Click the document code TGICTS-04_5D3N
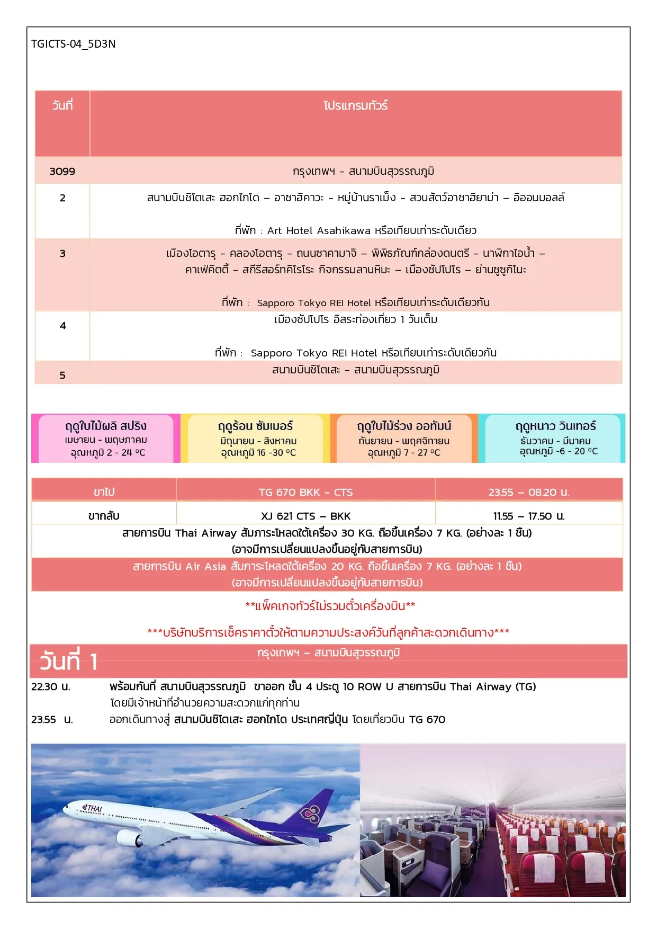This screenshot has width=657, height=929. (73, 44)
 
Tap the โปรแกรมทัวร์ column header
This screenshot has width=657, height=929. (355, 106)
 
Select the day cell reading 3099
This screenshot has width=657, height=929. (62, 172)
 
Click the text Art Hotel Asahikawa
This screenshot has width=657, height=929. (319, 231)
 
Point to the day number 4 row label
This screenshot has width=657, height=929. (62, 326)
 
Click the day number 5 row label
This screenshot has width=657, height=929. (62, 376)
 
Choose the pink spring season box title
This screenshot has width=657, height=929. (106, 426)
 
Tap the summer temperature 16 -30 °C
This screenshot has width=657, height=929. (258, 453)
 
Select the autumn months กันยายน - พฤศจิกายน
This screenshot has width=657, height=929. (404, 441)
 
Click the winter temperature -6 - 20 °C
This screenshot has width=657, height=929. (559, 451)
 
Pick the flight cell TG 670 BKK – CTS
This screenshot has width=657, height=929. (305, 493)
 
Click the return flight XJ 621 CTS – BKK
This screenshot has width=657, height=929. (305, 516)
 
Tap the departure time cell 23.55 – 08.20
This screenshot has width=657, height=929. (528, 493)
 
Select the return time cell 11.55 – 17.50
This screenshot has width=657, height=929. (528, 516)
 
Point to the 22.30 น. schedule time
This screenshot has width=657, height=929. (51, 687)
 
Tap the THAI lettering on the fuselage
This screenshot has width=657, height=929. (93, 809)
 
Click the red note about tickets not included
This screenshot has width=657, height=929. (330, 606)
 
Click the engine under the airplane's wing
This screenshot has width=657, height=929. (129, 837)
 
